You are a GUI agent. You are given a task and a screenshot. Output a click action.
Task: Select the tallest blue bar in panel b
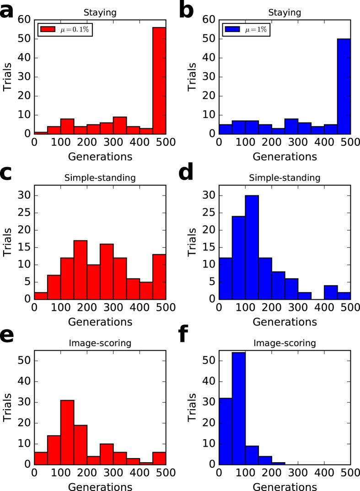click(344, 86)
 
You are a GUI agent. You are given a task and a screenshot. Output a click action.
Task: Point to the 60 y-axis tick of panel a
click(25, 19)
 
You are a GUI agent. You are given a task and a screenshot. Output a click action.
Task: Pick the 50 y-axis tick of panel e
click(25, 361)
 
